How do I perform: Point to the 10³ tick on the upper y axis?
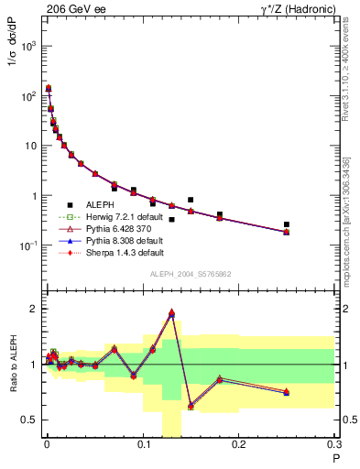click(x=27, y=46)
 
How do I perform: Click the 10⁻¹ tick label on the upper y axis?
click(x=27, y=245)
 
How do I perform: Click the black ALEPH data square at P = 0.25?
click(x=287, y=224)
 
